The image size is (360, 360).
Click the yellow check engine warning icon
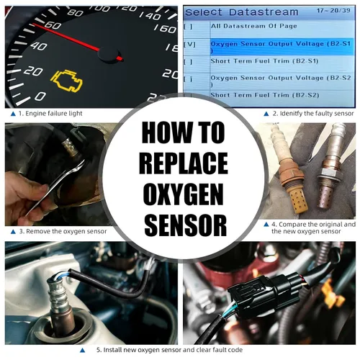pos(67,81)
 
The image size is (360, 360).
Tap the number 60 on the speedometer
pos(53,25)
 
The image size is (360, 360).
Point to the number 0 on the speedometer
pos(40,96)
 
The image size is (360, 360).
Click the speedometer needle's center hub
pos(109,54)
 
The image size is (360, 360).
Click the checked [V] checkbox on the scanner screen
pos(189,45)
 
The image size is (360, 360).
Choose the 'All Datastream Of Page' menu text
pos(253,26)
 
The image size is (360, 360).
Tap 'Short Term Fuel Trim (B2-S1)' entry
pos(264,61)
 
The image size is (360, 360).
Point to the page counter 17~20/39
pos(333,10)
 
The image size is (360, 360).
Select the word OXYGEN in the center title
pos(184,194)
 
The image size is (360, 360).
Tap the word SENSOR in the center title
pos(186,225)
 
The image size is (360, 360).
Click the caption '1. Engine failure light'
pos(50,114)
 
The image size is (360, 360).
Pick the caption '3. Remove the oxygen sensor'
pos(63,231)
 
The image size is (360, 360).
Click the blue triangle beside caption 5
pos(82,351)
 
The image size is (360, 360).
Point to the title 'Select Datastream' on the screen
pos(242,12)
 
